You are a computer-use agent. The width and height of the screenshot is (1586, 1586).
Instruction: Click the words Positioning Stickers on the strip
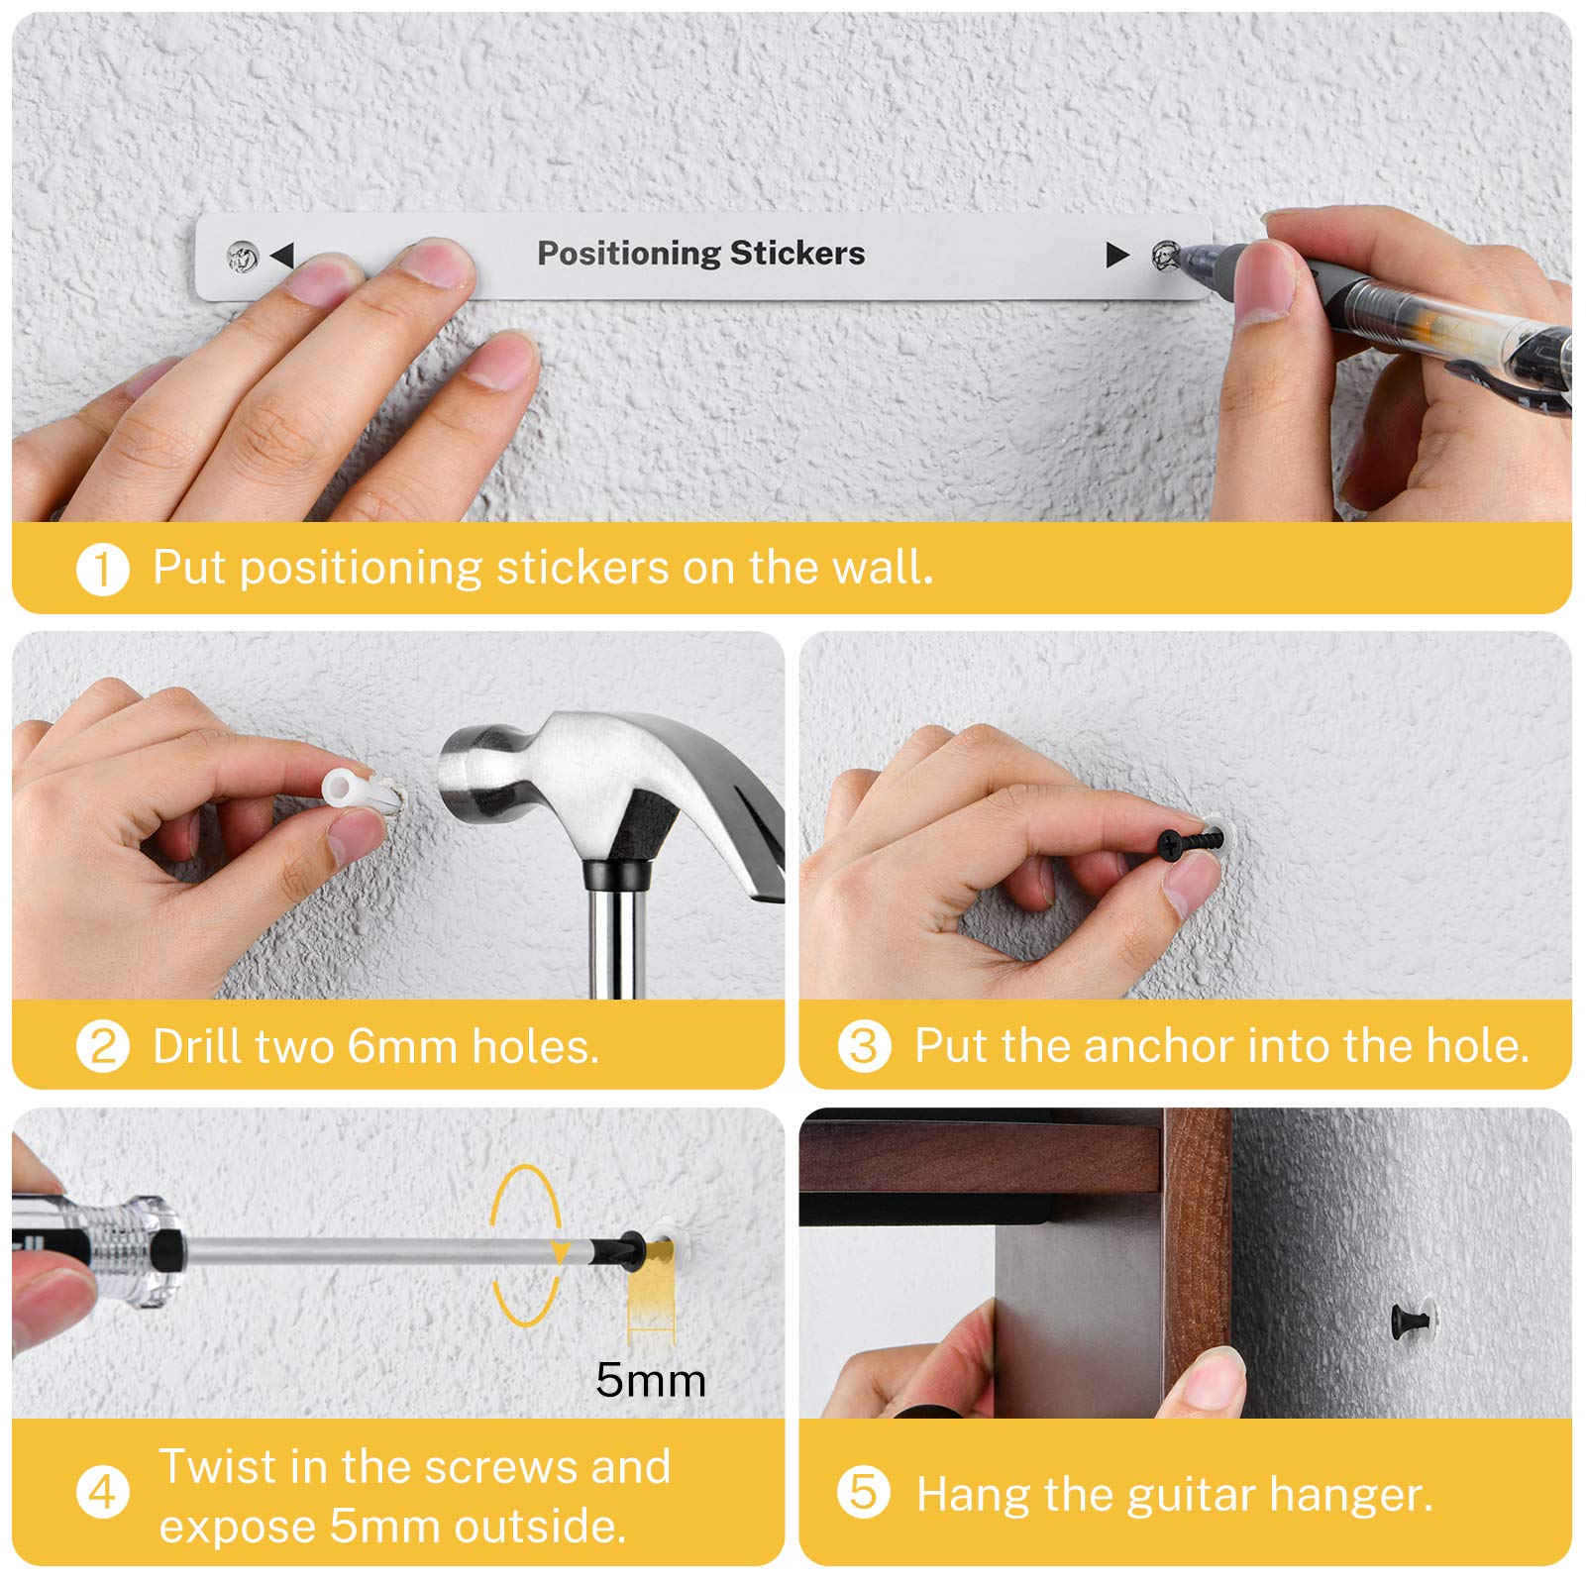700,254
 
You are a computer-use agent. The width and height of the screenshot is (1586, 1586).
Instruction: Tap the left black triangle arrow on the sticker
283,256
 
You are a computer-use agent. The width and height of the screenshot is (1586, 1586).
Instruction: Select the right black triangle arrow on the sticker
1117,256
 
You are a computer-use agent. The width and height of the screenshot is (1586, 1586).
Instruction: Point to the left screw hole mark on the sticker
243,258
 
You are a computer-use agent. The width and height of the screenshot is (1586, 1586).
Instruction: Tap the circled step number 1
102,570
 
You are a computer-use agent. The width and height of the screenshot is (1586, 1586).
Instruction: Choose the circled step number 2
102,1047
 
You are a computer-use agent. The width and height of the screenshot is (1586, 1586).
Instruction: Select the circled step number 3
863,1047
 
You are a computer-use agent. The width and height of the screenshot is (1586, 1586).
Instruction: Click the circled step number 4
102,1493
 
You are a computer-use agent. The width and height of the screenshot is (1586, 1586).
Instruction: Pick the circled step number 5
863,1493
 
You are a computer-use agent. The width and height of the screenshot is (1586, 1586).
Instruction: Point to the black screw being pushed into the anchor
1191,843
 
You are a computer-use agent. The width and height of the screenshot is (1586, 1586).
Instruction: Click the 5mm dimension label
651,1380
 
